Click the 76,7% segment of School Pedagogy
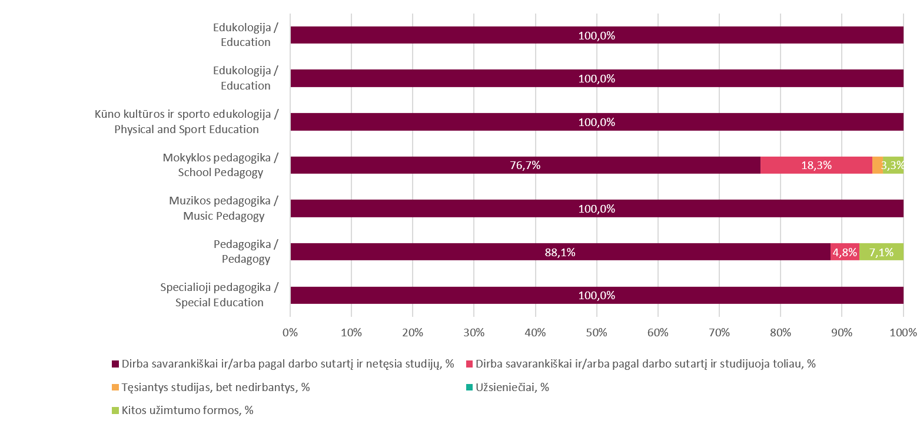point(525,165)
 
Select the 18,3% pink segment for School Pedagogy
point(816,165)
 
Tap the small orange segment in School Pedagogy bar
point(877,165)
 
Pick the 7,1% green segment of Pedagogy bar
point(881,252)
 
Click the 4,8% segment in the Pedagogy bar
point(845,252)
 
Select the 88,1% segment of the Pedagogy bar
point(560,252)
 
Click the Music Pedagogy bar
point(597,209)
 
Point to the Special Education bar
point(597,296)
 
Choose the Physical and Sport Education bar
point(597,123)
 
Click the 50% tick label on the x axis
point(596,332)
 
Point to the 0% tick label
point(290,332)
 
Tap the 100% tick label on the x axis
point(904,332)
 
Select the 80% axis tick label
point(780,332)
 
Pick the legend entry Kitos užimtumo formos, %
point(187,411)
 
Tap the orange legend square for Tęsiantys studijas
point(115,388)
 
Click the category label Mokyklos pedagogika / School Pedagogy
point(220,165)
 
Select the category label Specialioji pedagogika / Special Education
point(219,295)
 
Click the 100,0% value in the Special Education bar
point(597,296)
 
